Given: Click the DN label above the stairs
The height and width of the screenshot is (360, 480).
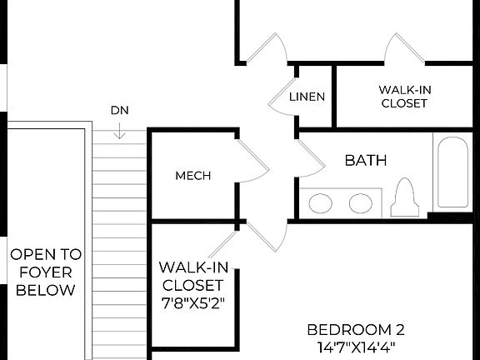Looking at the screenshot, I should pos(119,110).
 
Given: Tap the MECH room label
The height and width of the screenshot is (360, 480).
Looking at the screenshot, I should pos(192,176).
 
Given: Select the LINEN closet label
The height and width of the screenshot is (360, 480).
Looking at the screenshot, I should pos(307,97).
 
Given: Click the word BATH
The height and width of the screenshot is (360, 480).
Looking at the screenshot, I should pos(366,160).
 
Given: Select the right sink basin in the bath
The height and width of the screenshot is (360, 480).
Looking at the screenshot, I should pos(360,202).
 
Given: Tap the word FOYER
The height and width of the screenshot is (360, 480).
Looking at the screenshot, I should pos(46,272).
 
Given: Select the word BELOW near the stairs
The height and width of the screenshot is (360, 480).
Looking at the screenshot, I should pos(46,290).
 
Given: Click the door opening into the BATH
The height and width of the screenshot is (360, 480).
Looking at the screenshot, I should pos(310,158).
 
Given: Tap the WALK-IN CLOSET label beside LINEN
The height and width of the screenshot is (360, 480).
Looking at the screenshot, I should pos(403,97).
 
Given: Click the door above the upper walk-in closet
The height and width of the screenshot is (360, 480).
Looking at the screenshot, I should pos(402,48).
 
